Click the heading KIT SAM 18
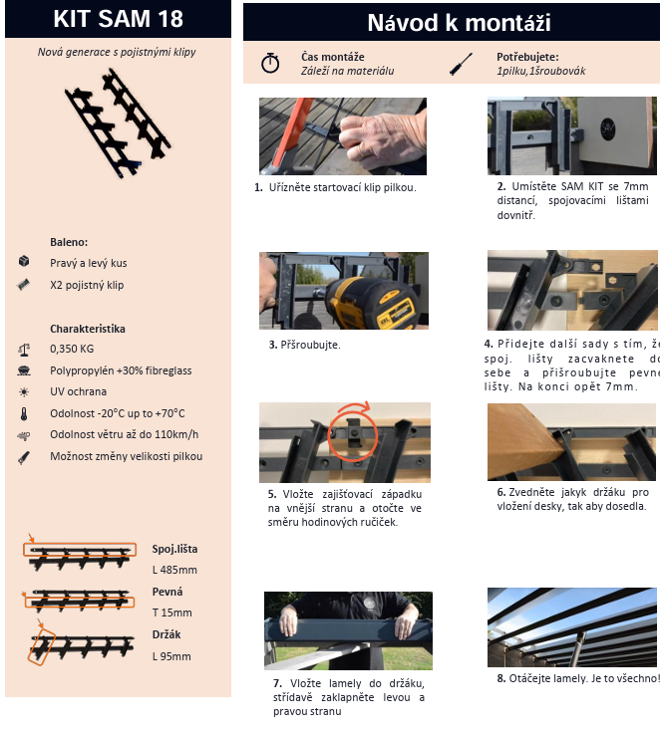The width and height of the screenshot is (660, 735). [x=118, y=19]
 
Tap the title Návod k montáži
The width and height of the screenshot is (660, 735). [x=459, y=23]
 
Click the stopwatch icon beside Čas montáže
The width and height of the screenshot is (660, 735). [x=270, y=63]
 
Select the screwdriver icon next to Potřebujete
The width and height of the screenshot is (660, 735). [x=461, y=64]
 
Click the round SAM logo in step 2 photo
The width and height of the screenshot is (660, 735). [x=608, y=127]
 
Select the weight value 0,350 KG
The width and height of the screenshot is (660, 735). [x=72, y=349]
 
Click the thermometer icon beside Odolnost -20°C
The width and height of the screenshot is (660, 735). [x=24, y=414]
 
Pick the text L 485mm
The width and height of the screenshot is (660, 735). [x=174, y=570]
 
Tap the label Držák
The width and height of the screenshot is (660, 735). [x=166, y=634]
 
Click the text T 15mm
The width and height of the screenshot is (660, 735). [x=172, y=612]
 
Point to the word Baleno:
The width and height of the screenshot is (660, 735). [x=69, y=242]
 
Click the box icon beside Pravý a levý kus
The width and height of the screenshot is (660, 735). [x=24, y=261]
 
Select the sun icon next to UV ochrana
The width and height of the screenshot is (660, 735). [x=24, y=391]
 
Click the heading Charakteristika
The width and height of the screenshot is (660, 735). [x=88, y=329]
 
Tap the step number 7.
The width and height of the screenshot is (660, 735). [x=277, y=683]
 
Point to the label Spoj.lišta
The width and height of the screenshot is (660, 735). [x=174, y=549]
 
